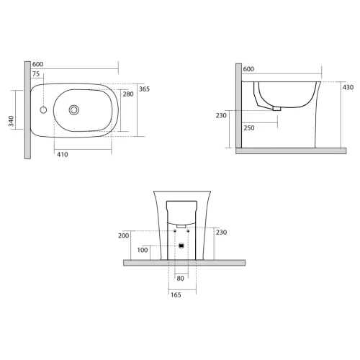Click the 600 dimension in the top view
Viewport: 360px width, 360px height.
click(37, 64)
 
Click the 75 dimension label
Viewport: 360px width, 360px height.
click(36, 74)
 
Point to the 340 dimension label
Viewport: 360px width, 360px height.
click(11, 121)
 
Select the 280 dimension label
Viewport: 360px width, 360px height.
click(128, 94)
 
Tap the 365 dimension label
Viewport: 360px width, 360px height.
click(144, 89)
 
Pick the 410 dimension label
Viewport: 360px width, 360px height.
click(63, 155)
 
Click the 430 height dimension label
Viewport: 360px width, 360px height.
click(348, 87)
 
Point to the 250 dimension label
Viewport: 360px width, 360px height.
click(249, 128)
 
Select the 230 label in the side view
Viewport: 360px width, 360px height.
click(221, 116)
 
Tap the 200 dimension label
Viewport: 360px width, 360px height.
click(124, 235)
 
